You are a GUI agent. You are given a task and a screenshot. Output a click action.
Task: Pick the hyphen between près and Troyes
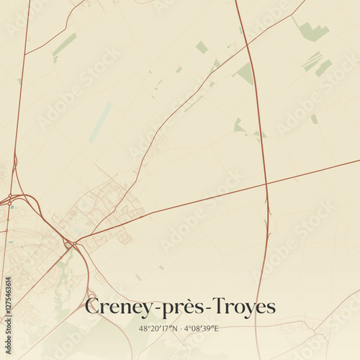tap(207, 308)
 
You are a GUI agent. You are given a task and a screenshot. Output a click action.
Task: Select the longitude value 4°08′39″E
tap(201, 329)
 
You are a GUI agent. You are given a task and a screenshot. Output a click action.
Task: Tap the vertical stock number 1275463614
tap(7, 312)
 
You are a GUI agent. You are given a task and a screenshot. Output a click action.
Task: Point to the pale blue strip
tap(101, 122)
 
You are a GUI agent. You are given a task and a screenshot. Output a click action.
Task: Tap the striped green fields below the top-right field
tap(315, 63)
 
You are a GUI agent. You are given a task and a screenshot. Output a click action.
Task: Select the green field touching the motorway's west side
tap(246, 73)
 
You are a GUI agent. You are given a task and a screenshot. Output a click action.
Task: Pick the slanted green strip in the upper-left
tap(64, 45)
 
